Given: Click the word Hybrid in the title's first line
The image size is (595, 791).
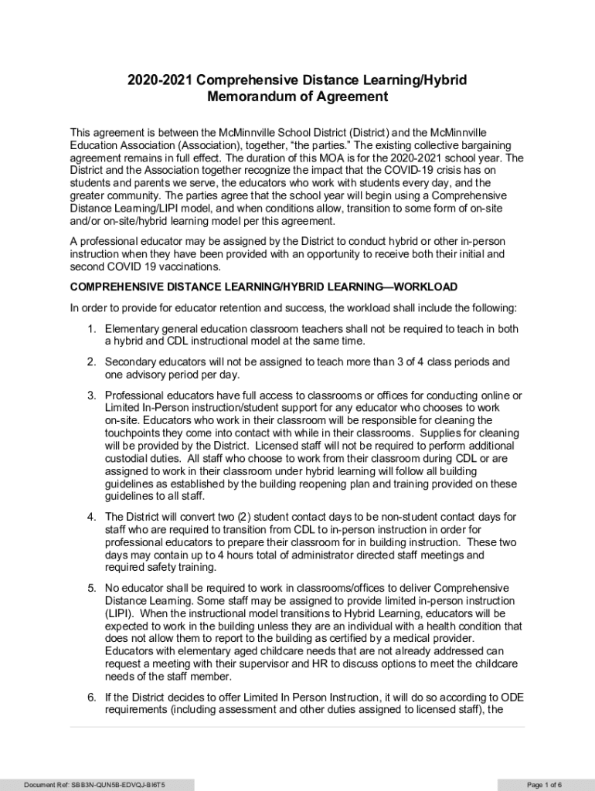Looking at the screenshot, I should coord(442,80).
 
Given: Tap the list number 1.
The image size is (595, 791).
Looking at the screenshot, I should coord(90,329).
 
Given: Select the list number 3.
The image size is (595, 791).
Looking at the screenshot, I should coord(90,395).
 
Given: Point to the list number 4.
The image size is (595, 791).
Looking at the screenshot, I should coord(90,517).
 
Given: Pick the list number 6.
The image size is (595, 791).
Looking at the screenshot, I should coord(90,698).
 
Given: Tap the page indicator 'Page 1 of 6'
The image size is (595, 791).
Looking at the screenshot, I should coord(544,785).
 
